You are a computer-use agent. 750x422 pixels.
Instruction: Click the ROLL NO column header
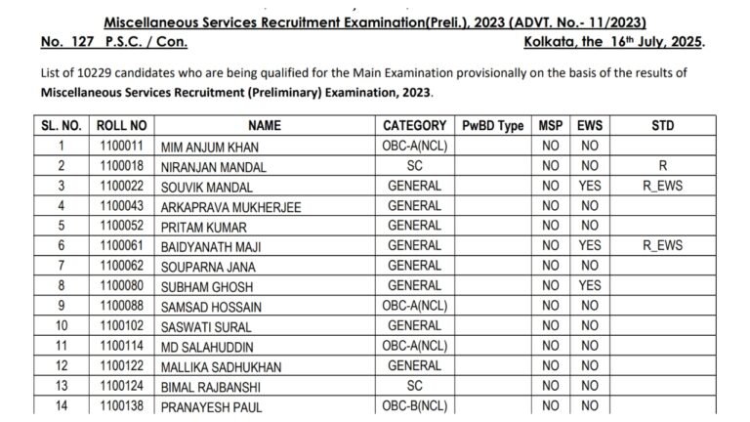tap(121, 126)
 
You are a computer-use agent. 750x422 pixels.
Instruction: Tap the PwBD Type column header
tap(493, 126)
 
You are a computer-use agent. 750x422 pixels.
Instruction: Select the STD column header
tap(662, 126)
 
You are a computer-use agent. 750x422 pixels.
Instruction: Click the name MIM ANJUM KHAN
tap(205, 147)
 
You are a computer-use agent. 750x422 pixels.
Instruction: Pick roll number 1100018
tap(121, 166)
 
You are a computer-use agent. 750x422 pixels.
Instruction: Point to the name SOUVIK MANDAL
tap(206, 187)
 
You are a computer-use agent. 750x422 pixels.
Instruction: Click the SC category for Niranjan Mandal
tap(414, 166)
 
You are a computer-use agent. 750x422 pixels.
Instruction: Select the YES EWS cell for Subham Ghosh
tap(589, 285)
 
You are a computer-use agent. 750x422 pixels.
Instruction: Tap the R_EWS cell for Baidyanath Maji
tap(662, 245)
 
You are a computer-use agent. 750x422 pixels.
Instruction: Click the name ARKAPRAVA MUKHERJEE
tap(230, 206)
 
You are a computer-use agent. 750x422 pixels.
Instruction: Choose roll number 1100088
tap(121, 306)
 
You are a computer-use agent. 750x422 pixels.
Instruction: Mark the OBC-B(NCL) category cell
tap(414, 405)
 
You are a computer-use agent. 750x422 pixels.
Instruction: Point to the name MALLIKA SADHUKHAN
tap(222, 365)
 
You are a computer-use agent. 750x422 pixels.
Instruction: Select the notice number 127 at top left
tap(83, 42)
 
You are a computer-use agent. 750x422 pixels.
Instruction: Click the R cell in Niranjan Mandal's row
tap(662, 166)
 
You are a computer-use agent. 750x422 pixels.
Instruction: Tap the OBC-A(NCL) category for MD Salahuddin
tap(414, 346)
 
